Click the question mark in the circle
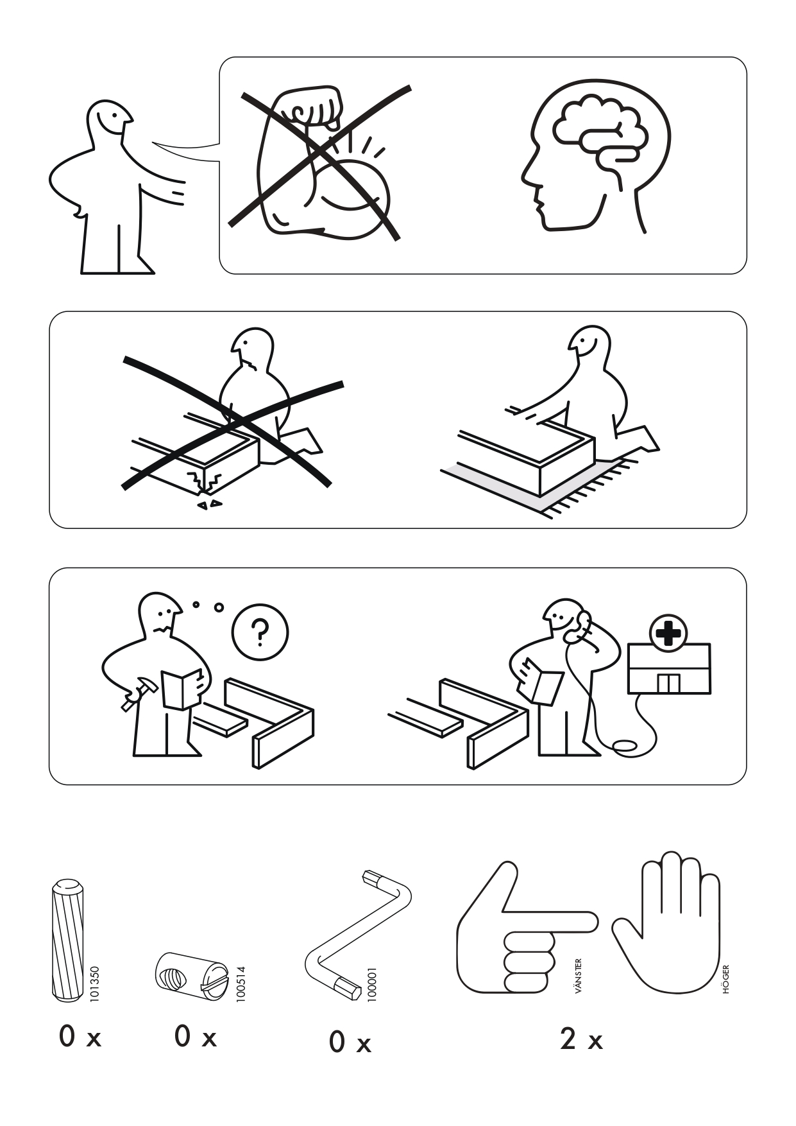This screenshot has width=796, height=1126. click(260, 632)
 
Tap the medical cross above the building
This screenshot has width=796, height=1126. click(668, 633)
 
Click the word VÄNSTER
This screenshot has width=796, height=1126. click(579, 976)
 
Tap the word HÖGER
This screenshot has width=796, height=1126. click(726, 979)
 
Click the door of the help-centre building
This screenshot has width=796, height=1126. click(668, 683)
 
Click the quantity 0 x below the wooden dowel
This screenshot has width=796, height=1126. click(80, 1037)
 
